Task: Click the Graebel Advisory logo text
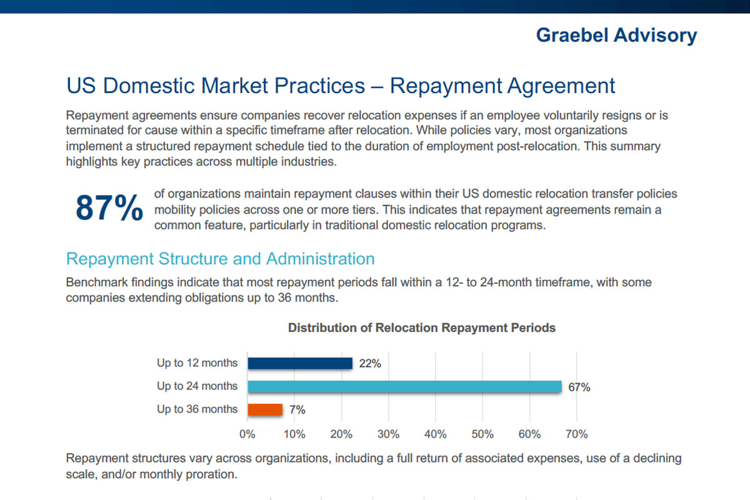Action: (x=616, y=35)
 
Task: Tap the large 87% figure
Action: (x=109, y=209)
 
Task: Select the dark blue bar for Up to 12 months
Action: (x=300, y=363)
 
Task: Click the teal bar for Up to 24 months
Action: (x=404, y=386)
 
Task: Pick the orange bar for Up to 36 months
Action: (x=265, y=409)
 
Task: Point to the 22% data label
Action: (x=370, y=363)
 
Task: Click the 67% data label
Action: (x=579, y=387)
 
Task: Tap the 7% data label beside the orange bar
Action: (x=297, y=410)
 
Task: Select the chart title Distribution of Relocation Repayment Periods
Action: (x=422, y=327)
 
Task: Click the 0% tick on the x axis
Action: (x=247, y=434)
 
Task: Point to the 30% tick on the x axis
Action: (x=389, y=434)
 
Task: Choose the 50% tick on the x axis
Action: (x=482, y=434)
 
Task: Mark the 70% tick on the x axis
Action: (x=576, y=434)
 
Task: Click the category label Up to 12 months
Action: (x=197, y=362)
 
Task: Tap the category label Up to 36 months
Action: (x=197, y=409)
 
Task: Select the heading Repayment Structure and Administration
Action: (x=220, y=259)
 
